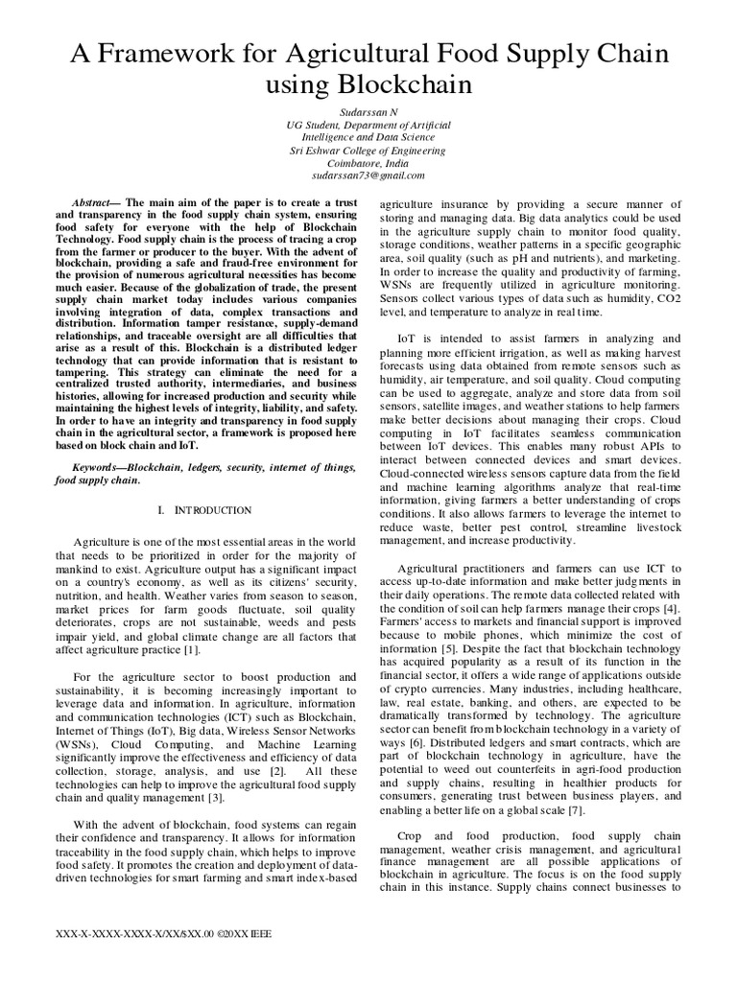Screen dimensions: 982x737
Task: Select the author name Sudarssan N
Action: tap(368, 112)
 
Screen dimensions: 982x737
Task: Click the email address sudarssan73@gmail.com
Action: tap(368, 175)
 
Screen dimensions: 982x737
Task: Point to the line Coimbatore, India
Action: tap(368, 163)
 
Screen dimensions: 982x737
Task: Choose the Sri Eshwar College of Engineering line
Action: tap(368, 151)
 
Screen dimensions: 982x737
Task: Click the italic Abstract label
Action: tap(95, 205)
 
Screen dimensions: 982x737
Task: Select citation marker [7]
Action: tap(575, 810)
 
